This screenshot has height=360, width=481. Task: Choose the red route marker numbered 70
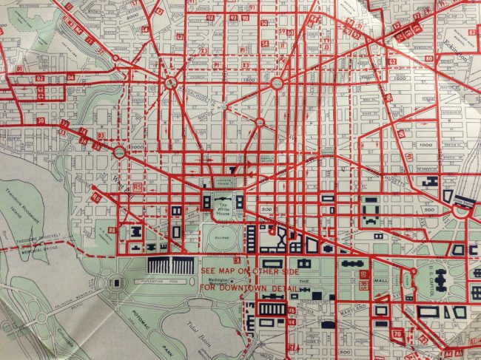[x=397, y=336]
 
